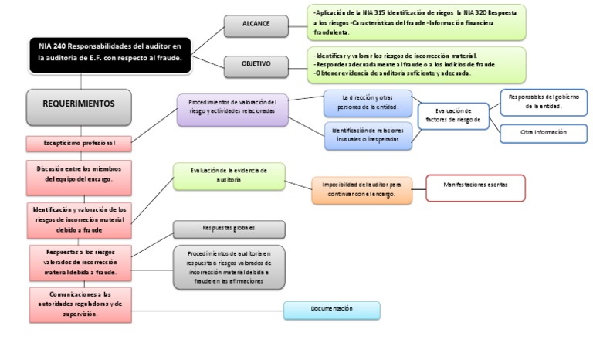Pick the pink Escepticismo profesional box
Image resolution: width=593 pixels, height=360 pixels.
click(78, 143)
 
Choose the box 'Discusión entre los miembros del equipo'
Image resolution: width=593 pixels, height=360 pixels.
click(78, 173)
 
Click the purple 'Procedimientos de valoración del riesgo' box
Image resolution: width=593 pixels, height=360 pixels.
click(232, 110)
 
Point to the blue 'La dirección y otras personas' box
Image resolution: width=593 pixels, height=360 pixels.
click(368, 102)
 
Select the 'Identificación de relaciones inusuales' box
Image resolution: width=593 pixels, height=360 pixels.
click(368, 135)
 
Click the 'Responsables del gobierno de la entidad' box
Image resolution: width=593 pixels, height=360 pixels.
click(544, 101)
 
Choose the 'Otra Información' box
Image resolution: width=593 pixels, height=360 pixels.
click(544, 132)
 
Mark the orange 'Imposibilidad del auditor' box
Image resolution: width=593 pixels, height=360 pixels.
click(362, 190)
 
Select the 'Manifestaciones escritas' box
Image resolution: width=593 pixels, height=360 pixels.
click(475, 187)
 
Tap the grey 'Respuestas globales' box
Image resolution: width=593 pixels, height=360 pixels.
click(229, 229)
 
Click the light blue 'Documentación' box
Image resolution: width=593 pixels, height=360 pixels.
click(331, 309)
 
